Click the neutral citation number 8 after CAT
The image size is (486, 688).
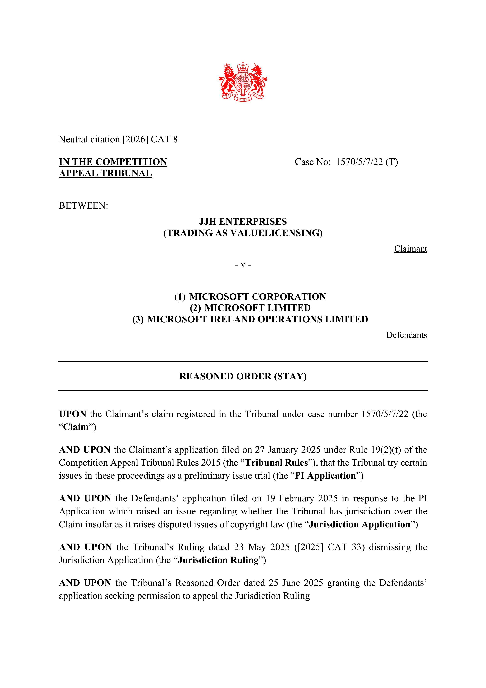pyautogui.click(x=175, y=139)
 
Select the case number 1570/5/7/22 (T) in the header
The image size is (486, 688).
pyautogui.click(x=367, y=162)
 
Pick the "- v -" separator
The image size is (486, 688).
pyautogui.click(x=243, y=265)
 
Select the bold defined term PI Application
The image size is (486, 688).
pyautogui.click(x=325, y=475)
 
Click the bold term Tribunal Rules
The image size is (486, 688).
pyautogui.click(x=276, y=463)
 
